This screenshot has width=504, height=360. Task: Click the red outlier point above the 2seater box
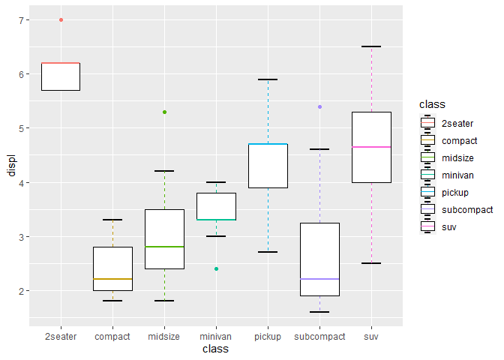[61, 19]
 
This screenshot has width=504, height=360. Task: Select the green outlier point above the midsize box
[164, 112]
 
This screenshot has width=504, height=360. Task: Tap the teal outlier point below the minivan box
[216, 268]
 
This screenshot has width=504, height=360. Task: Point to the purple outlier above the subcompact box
[319, 106]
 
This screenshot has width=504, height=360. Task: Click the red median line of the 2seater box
[61, 63]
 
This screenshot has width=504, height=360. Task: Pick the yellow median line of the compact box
[112, 279]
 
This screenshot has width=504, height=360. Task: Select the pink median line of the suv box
[371, 147]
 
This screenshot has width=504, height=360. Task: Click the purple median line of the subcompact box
[319, 279]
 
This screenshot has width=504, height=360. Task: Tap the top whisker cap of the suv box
[371, 46]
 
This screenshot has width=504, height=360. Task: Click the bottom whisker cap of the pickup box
[268, 252]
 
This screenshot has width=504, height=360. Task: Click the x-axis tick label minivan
[216, 337]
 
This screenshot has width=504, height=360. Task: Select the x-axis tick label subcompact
[319, 337]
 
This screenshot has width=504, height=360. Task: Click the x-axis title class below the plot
[216, 349]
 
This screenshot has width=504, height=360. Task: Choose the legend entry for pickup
[454, 192]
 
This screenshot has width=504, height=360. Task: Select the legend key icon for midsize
[428, 157]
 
